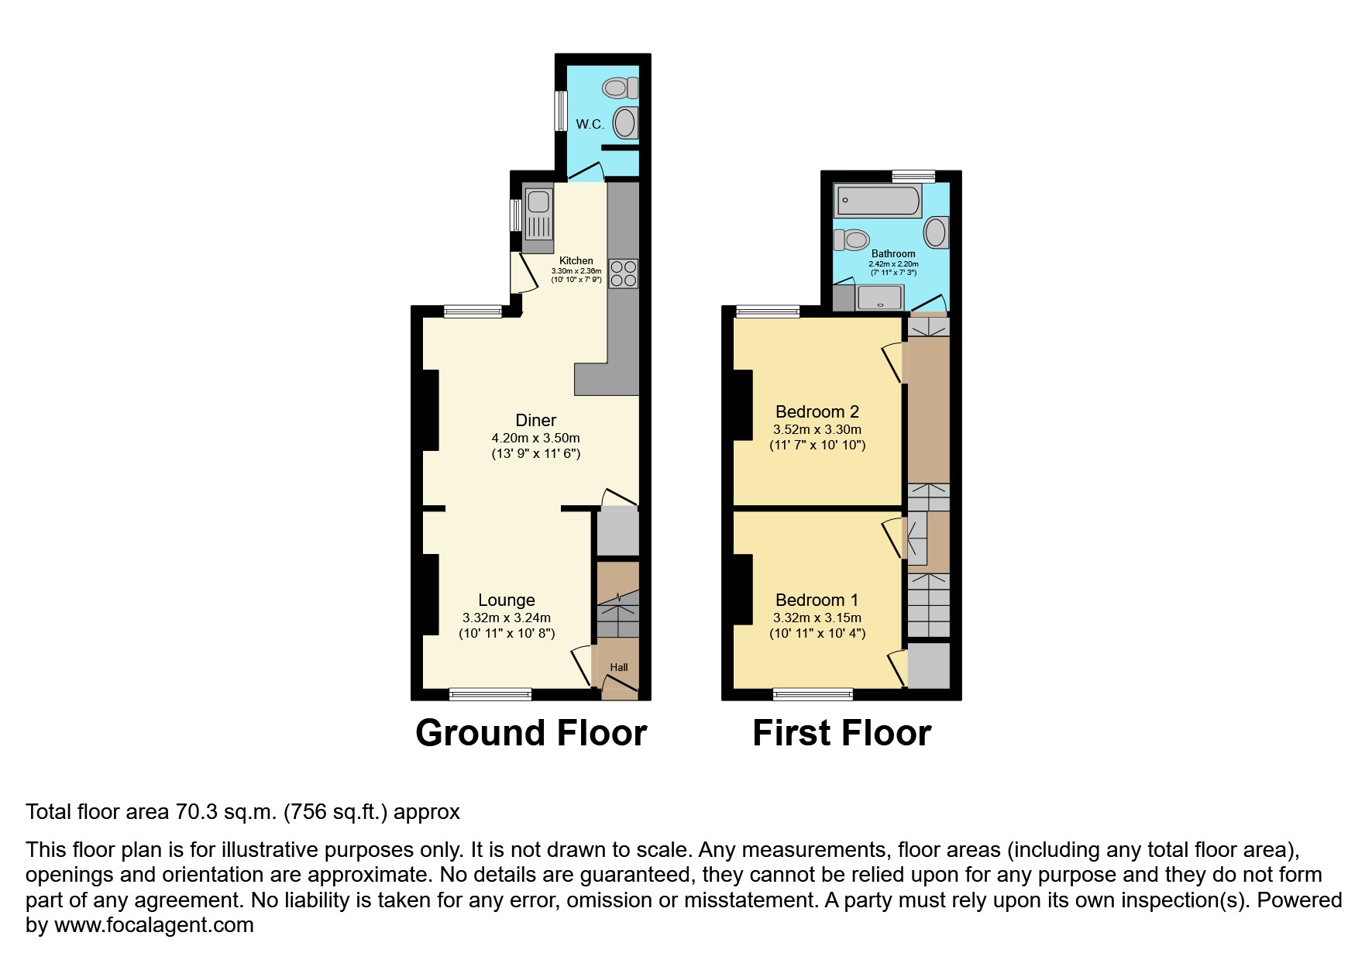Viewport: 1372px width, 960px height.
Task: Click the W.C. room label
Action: tap(590, 124)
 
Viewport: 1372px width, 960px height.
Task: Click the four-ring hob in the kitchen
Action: tap(624, 273)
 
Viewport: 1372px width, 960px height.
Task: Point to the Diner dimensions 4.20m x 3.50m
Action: tap(535, 439)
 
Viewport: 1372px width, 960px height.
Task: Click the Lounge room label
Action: tap(506, 600)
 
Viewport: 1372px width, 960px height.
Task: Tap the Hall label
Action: tap(618, 667)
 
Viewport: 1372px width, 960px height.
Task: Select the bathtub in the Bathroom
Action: tap(877, 201)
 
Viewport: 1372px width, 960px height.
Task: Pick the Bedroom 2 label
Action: tap(817, 411)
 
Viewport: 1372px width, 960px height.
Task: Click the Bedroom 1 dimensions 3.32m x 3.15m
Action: tap(817, 618)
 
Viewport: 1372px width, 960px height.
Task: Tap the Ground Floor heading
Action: tap(531, 733)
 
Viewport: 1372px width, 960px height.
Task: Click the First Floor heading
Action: tap(841, 733)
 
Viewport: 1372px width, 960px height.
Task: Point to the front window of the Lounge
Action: tap(490, 694)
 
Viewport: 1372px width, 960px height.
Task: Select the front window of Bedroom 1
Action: tap(813, 694)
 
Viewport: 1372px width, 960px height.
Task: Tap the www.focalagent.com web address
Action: tap(153, 925)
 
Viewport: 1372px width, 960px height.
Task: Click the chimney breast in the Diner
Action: tap(431, 411)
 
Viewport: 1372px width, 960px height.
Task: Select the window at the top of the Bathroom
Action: tap(913, 177)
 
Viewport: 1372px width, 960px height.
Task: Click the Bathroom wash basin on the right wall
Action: tap(937, 232)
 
